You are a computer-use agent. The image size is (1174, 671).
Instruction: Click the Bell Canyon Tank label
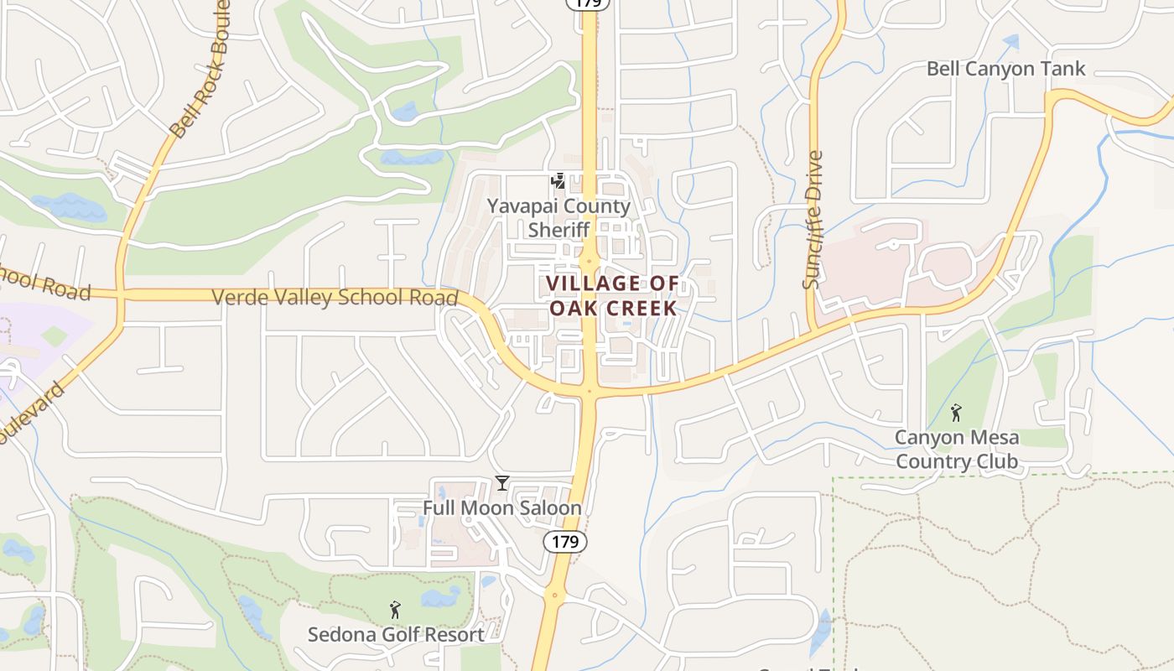1005,69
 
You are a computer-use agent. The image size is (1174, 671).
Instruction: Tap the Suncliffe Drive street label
813,220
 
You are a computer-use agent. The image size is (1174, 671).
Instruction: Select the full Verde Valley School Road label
335,297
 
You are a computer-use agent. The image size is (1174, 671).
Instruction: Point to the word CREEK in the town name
642,308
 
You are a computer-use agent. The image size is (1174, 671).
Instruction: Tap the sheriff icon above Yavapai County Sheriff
558,181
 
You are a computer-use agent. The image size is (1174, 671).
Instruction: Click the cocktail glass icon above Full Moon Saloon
501,483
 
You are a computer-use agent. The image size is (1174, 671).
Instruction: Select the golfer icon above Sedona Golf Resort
395,610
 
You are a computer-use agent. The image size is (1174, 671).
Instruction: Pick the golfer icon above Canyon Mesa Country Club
956,412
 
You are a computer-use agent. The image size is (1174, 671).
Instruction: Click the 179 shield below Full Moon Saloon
565,542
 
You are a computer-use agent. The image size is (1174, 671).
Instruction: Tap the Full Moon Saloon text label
501,508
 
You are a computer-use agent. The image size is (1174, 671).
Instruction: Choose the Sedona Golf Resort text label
396,634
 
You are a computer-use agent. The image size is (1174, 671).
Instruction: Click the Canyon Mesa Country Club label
957,450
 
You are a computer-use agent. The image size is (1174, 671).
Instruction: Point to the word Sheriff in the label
559,230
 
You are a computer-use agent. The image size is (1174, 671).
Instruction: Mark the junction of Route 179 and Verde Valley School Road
590,391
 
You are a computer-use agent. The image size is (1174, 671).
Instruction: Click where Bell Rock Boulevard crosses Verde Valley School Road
121,294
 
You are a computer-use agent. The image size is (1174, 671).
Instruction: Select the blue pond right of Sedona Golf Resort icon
440,596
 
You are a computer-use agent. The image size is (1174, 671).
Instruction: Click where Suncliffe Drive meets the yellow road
813,325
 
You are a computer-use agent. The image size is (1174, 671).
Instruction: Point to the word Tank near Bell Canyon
1062,69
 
